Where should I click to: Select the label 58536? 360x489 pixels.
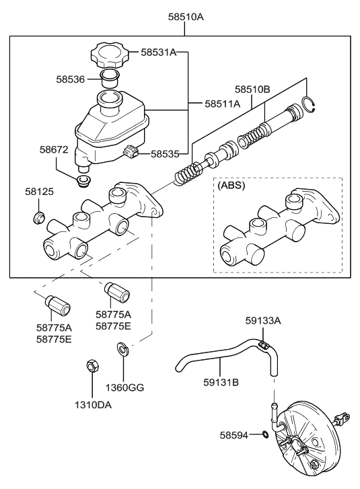click(71, 79)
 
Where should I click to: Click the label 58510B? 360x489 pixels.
click(252, 89)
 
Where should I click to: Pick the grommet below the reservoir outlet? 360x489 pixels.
click(84, 182)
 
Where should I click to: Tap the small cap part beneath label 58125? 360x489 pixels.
click(40, 217)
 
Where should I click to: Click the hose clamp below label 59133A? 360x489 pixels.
click(264, 346)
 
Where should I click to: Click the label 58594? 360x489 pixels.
click(234, 435)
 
